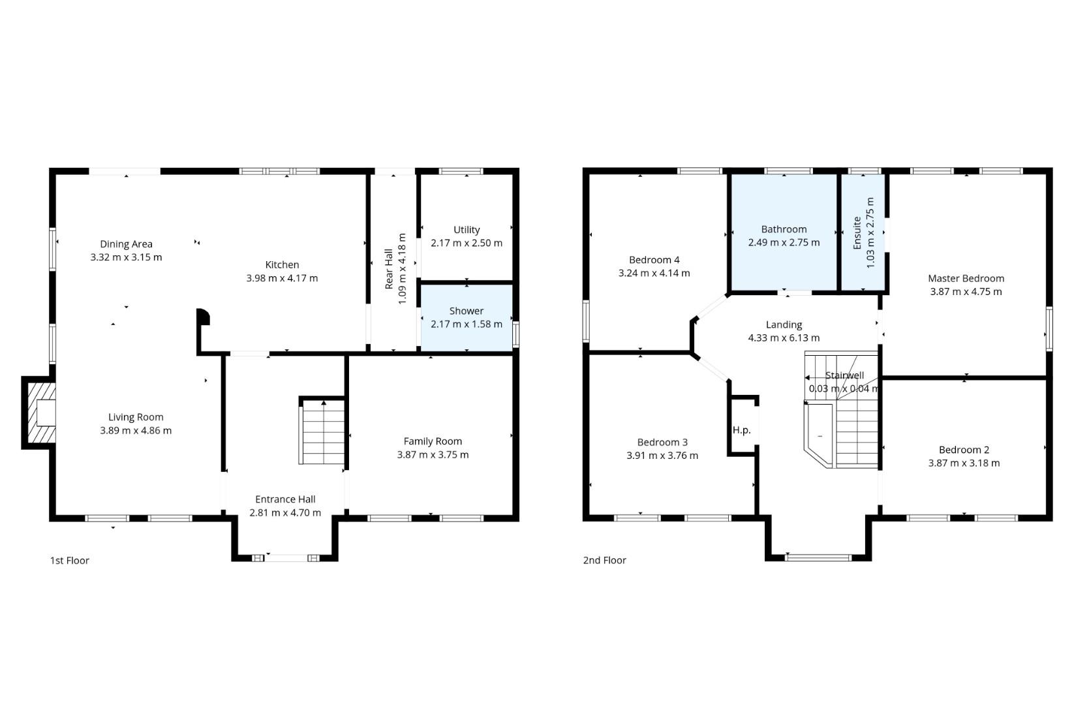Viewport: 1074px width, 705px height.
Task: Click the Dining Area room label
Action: pyautogui.click(x=126, y=244)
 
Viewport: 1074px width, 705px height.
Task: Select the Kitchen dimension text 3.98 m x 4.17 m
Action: pyautogui.click(x=282, y=278)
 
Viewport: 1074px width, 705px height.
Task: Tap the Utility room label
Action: pyautogui.click(x=467, y=230)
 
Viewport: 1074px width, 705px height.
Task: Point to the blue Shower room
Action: pyautogui.click(x=467, y=318)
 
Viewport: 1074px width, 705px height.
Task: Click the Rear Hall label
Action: pyautogui.click(x=389, y=268)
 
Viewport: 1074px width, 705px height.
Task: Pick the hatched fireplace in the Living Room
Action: pyautogui.click(x=38, y=413)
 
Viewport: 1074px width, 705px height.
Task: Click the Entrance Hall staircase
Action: pyautogui.click(x=324, y=431)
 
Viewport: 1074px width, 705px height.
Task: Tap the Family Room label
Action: pyautogui.click(x=433, y=441)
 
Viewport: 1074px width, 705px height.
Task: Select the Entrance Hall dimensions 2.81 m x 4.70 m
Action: pyautogui.click(x=285, y=512)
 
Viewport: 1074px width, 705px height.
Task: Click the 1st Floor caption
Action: pyautogui.click(x=70, y=560)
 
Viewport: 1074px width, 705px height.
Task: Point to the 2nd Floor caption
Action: pyautogui.click(x=605, y=560)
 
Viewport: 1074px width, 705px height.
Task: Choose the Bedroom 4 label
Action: pyautogui.click(x=654, y=260)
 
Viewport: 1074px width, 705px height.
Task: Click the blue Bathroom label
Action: pyautogui.click(x=784, y=229)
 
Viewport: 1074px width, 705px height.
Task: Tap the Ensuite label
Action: pyautogui.click(x=857, y=233)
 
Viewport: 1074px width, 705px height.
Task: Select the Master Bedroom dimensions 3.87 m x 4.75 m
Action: pyautogui.click(x=966, y=292)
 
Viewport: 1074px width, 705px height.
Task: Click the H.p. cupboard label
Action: pyautogui.click(x=741, y=430)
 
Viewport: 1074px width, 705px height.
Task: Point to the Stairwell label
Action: pyautogui.click(x=845, y=375)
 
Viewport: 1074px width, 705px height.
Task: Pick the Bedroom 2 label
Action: pyautogui.click(x=964, y=450)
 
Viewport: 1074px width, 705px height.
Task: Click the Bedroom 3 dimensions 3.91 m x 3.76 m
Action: pyautogui.click(x=662, y=456)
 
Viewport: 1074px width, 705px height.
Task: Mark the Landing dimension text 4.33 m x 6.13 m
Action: pyautogui.click(x=784, y=338)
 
